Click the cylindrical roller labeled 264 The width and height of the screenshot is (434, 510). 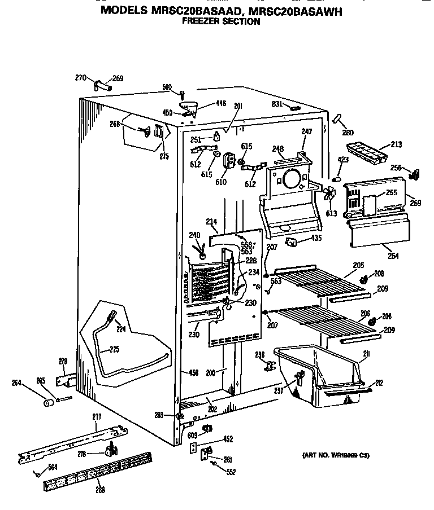coord(48,403)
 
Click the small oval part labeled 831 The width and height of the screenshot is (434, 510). coord(294,108)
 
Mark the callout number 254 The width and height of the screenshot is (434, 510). coord(393,256)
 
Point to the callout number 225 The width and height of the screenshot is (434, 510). coord(114,349)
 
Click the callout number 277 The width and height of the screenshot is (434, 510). coord(97,416)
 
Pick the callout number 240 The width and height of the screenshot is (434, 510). coord(194,235)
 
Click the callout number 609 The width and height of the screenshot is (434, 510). coord(192,435)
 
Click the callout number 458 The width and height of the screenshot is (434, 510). coord(193,372)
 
